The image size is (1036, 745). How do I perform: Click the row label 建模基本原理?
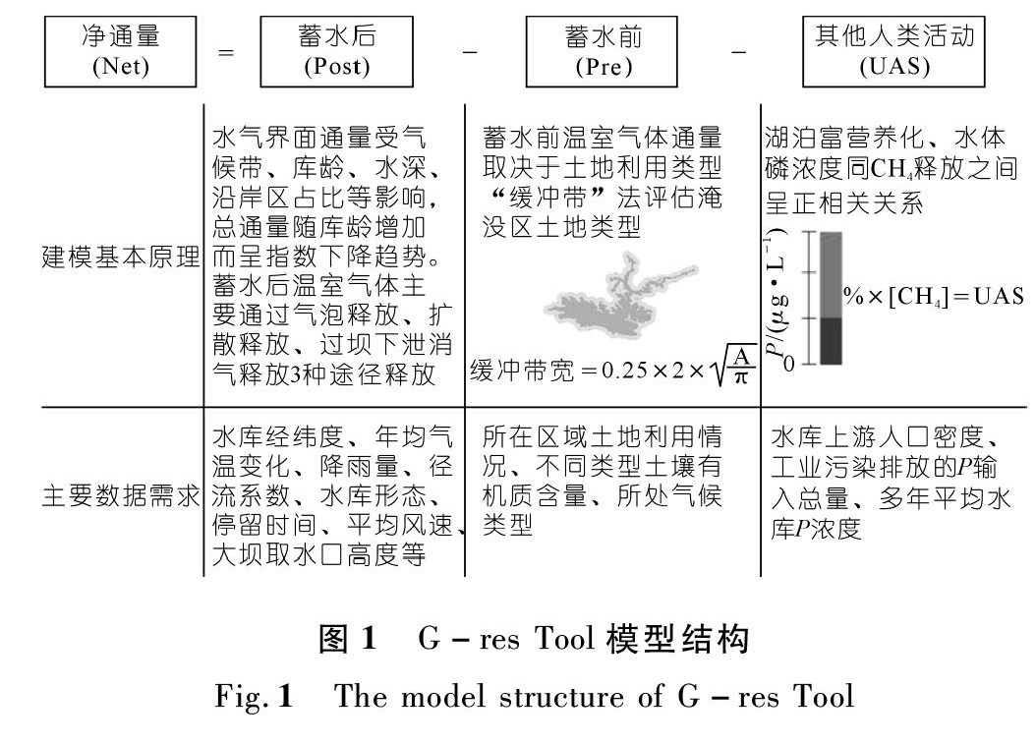pos(120,268)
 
